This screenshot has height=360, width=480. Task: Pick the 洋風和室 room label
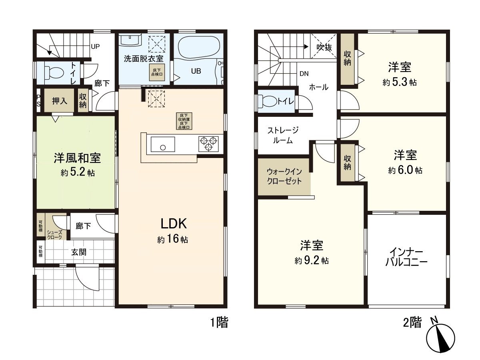[78, 158]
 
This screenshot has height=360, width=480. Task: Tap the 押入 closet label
[60, 101]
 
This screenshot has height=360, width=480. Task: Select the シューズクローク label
[54, 235]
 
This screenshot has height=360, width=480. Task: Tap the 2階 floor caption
[412, 322]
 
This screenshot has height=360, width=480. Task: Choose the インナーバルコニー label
[406, 258]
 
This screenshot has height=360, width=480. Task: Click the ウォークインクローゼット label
[284, 176]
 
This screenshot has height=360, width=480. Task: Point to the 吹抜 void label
[324, 47]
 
